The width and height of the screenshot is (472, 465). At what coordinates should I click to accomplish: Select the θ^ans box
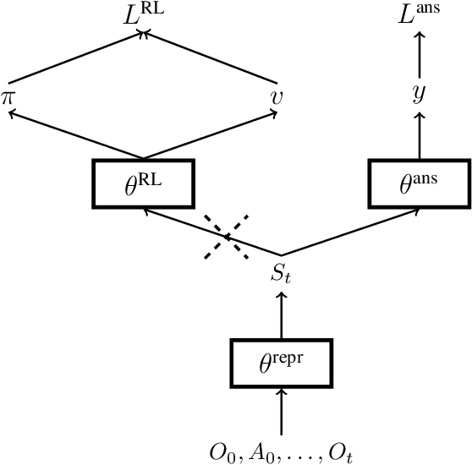click(418, 183)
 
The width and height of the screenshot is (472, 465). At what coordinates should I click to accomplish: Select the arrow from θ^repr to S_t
click(281, 315)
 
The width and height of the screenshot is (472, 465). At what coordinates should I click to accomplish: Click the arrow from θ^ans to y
click(418, 136)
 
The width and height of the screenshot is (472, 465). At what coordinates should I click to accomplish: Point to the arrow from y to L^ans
click(418, 55)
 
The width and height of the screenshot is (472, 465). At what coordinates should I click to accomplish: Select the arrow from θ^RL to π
click(74, 138)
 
